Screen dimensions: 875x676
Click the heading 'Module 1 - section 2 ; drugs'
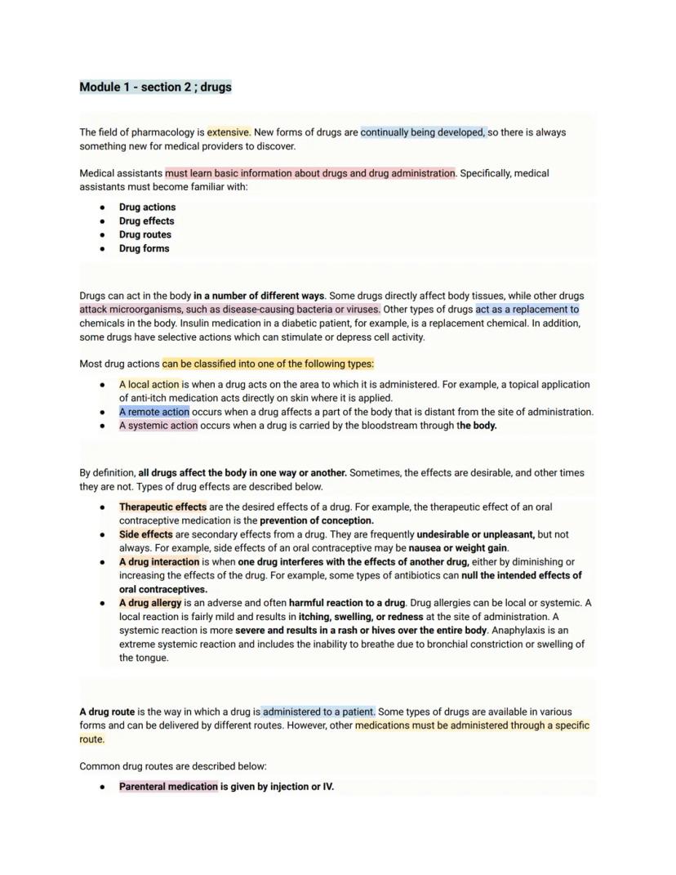155,87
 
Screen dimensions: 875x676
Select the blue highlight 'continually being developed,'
423,132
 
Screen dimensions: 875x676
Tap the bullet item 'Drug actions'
147,208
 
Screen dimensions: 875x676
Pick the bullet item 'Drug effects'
146,221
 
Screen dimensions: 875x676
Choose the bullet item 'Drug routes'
145,235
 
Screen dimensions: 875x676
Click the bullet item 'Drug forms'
144,249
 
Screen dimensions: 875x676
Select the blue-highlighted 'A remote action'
153,413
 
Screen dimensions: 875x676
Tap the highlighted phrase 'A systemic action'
158,426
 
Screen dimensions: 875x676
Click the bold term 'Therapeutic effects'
162,507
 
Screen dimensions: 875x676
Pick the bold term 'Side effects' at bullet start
145,534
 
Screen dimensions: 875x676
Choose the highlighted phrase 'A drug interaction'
158,562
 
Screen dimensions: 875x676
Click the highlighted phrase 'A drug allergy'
150,603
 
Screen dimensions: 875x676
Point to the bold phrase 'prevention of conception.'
317,520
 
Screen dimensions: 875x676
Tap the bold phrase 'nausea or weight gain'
458,548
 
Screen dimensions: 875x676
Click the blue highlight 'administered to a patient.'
318,712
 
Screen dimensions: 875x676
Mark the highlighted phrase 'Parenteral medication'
168,787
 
